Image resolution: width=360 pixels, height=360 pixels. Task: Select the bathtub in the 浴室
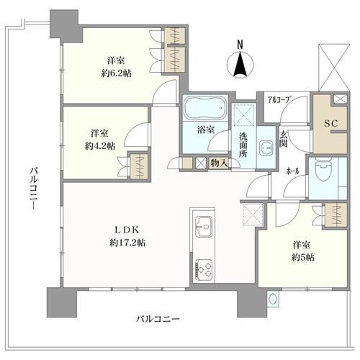tap(202, 111)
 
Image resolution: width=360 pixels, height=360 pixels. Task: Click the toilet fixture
tap(320, 174)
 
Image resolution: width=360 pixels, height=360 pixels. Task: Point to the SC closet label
tap(331, 125)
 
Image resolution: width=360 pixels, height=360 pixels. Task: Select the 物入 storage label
tap(220, 163)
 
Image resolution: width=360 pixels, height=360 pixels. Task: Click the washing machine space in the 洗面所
tap(243, 114)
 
